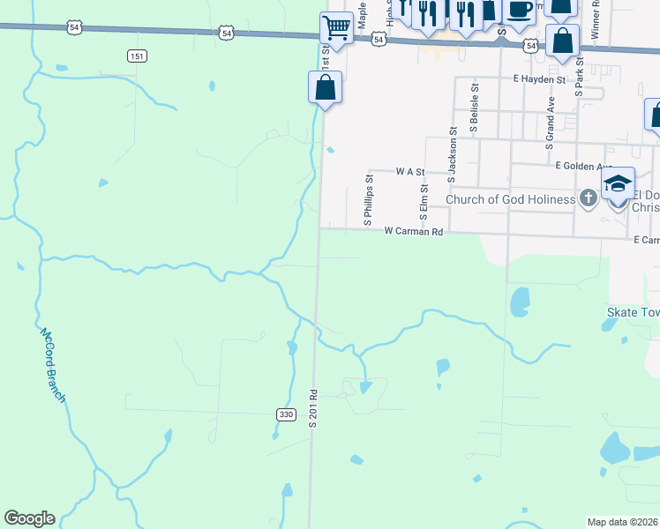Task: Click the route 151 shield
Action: pyautogui.click(x=136, y=56)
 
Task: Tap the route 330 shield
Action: pyautogui.click(x=285, y=414)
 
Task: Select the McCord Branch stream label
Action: pyautogui.click(x=52, y=365)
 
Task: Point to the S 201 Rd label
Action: pyautogui.click(x=311, y=408)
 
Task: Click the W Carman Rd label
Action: pyautogui.click(x=412, y=231)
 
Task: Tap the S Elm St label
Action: pyautogui.click(x=424, y=202)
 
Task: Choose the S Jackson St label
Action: pyautogui.click(x=452, y=155)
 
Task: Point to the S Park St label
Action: pyautogui.click(x=580, y=77)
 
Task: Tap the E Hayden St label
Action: pyautogui.click(x=539, y=79)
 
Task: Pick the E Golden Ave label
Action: pyautogui.click(x=584, y=165)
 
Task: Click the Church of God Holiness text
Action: pyautogui.click(x=510, y=199)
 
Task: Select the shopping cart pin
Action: pyautogui.click(x=336, y=28)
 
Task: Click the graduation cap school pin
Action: pyautogui.click(x=619, y=183)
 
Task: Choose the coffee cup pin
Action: pyautogui.click(x=520, y=9)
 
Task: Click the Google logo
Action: pyautogui.click(x=29, y=518)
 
